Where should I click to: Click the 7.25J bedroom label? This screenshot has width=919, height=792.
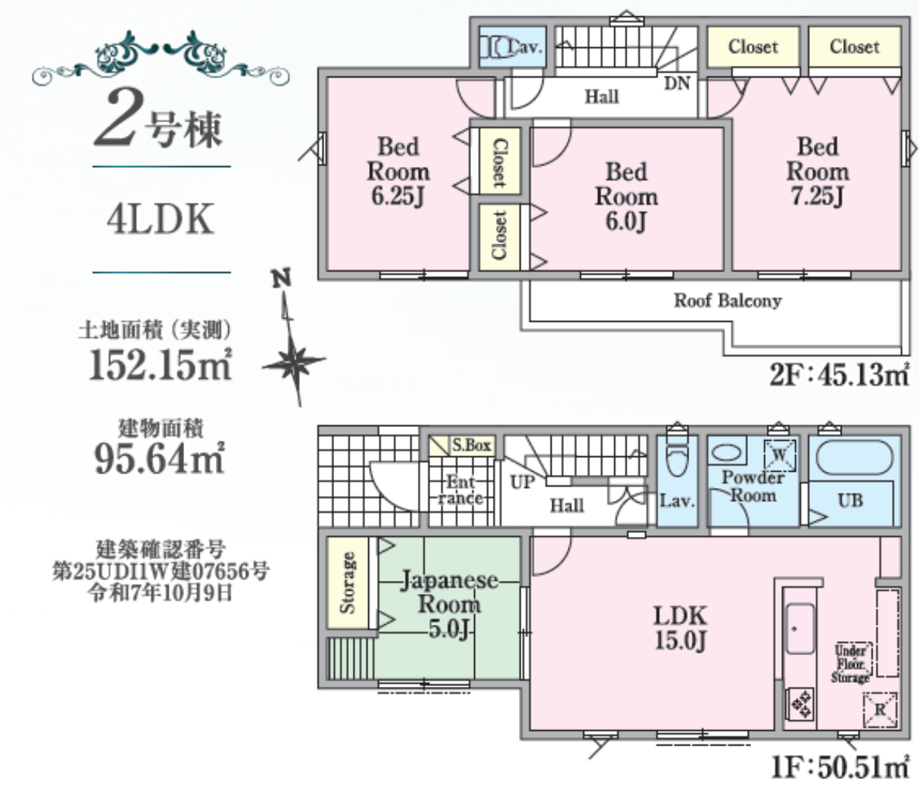point(818,171)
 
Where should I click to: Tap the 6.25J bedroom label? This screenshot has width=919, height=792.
point(398,171)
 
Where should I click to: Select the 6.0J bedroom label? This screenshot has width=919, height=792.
point(626,196)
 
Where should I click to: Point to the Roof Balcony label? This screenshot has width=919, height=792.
point(727,301)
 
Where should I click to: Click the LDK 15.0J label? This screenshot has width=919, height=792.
point(680,627)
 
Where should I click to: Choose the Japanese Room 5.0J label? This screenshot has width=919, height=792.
point(449,604)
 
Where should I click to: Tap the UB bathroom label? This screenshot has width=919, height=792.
point(850,500)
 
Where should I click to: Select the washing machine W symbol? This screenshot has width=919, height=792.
point(780,455)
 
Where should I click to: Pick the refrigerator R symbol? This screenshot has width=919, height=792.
point(880,709)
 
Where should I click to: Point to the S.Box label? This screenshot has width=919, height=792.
point(471,445)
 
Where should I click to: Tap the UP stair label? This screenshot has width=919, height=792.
point(522,482)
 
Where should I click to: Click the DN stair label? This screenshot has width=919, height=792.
point(677,84)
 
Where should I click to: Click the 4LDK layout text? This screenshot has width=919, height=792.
point(160,220)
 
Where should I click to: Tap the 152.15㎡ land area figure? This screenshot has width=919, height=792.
point(160,364)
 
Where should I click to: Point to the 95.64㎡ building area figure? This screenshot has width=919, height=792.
point(159,459)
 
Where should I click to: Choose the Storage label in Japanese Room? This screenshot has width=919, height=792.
point(348,583)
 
